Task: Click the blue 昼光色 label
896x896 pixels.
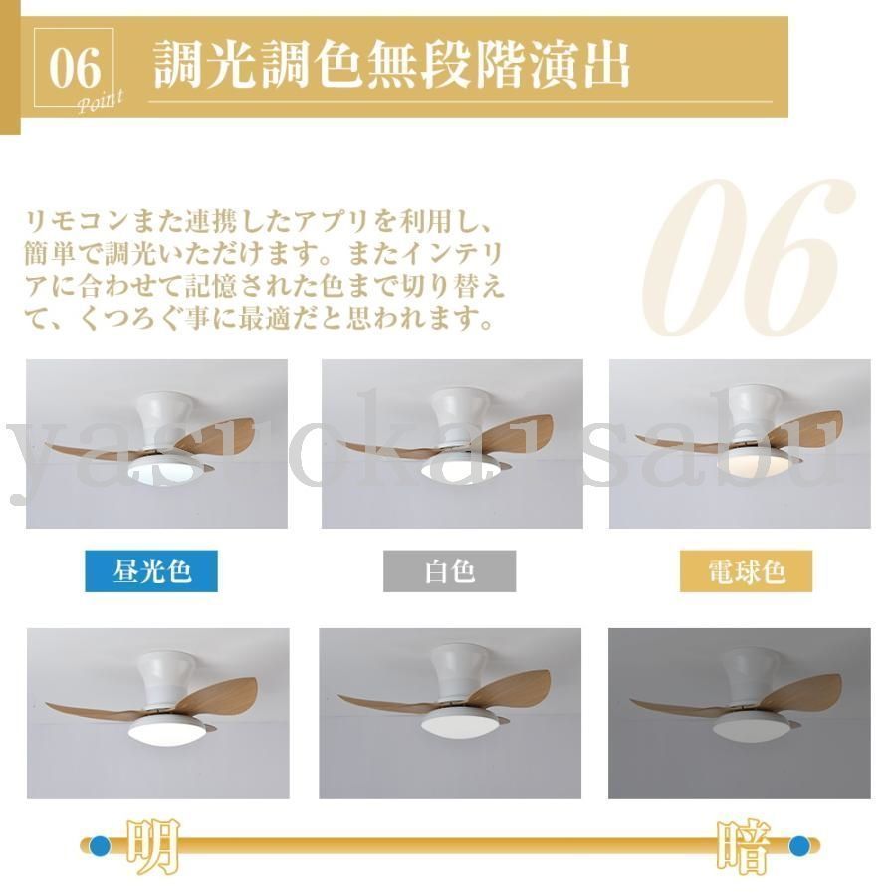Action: [151, 571]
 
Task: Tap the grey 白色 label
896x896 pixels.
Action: [449, 571]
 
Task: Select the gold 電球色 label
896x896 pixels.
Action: [746, 571]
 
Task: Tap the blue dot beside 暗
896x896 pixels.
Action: [799, 846]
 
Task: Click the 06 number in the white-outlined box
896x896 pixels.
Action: [76, 68]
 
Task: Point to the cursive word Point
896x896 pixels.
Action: [100, 101]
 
